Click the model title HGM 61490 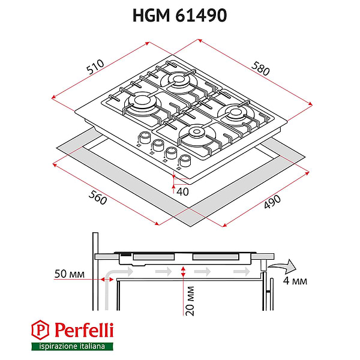[179, 16]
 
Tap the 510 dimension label [95, 67]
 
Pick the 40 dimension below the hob [182, 191]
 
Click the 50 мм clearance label [67, 275]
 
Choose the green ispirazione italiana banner [71, 346]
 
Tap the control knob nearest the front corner [185, 160]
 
